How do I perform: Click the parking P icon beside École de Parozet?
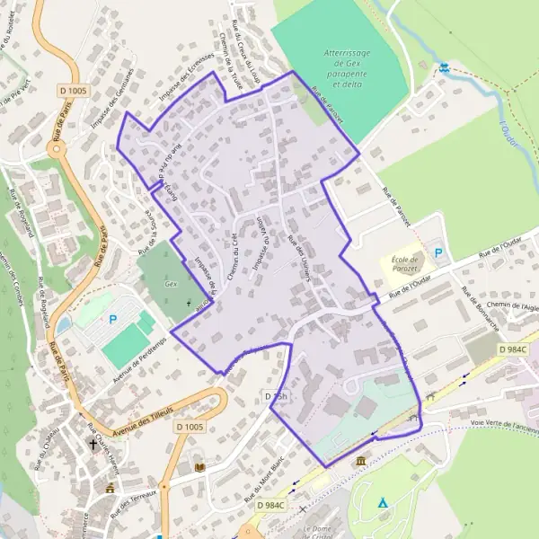[x=438, y=253]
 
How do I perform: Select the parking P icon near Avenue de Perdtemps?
[x=113, y=319]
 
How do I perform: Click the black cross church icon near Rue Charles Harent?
[x=93, y=444]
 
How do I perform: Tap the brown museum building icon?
[x=360, y=461]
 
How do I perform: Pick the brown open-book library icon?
[x=199, y=468]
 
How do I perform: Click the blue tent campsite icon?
[x=383, y=503]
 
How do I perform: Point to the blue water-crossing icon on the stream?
[x=444, y=67]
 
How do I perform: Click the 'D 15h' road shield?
[x=276, y=396]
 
